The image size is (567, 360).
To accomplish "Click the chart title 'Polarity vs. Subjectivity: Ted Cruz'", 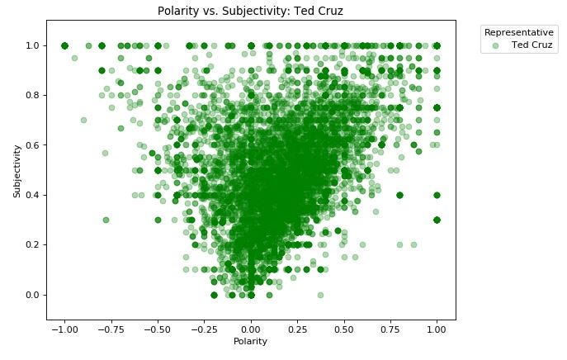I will click(x=251, y=12).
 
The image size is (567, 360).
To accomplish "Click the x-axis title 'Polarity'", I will click(x=251, y=342).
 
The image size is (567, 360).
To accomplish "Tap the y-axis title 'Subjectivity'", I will click(x=17, y=170).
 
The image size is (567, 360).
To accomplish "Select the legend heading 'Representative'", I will click(x=517, y=31).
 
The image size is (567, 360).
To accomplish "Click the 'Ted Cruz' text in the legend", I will click(x=532, y=44).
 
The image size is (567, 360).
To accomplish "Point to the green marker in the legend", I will click(x=495, y=45).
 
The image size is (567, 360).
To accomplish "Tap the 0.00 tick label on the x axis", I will click(x=252, y=328).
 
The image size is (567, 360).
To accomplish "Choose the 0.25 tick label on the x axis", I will click(x=298, y=328).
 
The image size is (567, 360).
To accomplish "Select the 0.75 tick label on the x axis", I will click(x=391, y=328).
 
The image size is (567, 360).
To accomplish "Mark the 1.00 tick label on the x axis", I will click(x=437, y=328).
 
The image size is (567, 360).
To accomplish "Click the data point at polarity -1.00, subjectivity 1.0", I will click(x=65, y=45).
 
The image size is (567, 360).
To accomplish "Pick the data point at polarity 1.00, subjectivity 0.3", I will click(x=437, y=220).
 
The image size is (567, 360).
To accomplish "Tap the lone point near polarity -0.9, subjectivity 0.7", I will click(x=83, y=121).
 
